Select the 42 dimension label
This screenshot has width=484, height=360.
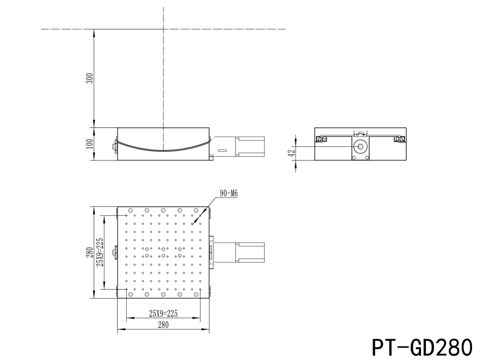point(291,153)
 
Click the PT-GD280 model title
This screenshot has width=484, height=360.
point(422,346)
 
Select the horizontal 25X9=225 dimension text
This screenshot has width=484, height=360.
point(163,313)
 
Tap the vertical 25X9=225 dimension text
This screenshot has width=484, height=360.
point(100,253)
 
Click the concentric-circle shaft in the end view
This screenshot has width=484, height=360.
point(359,147)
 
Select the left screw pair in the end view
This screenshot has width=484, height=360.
point(321,139)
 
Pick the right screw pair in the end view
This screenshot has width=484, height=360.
point(399,139)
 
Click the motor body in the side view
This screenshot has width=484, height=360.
point(250,146)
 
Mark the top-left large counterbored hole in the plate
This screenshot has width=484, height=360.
point(130,211)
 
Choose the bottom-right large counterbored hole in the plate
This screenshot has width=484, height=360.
point(196,294)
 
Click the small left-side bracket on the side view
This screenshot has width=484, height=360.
point(115,146)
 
